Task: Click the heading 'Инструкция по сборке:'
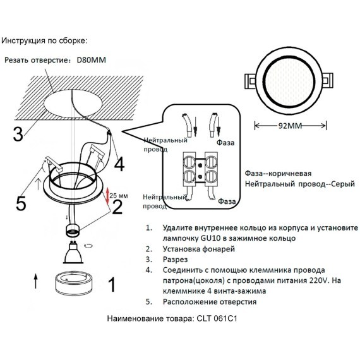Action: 44,41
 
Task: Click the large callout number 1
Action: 112,285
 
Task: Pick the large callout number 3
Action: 19,134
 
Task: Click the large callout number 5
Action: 20,203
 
